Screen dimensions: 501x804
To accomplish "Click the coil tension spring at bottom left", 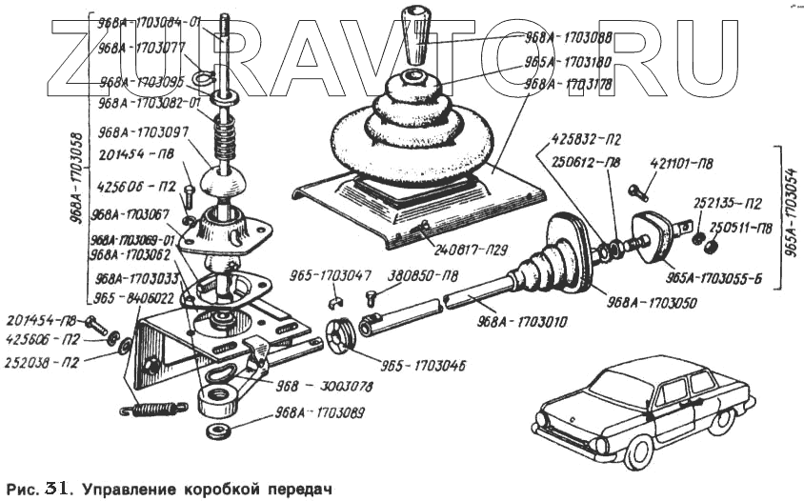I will coord(153,409).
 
